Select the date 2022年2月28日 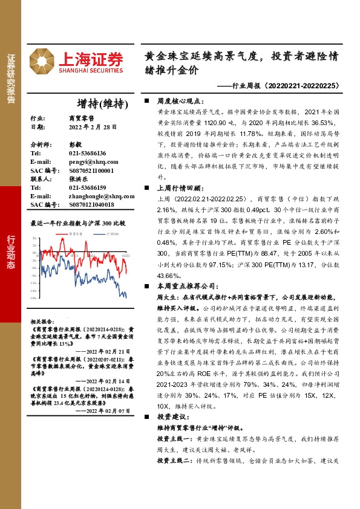point(89,128)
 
